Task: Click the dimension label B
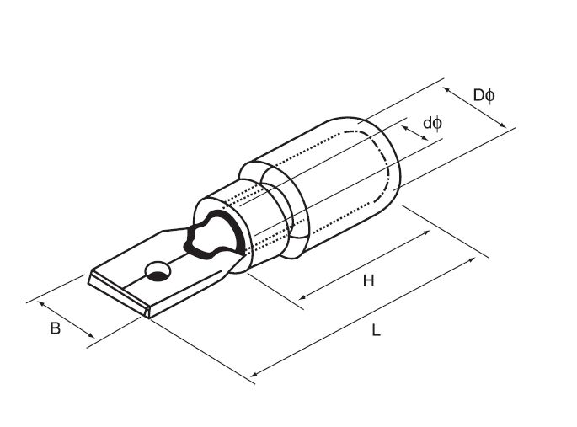[56, 328]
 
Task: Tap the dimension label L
[376, 330]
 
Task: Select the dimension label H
[368, 281]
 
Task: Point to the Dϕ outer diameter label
[484, 96]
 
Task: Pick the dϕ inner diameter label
[433, 123]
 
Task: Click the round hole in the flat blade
[158, 271]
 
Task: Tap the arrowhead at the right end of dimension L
[472, 259]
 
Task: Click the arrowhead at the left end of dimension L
[254, 375]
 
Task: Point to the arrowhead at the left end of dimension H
[302, 296]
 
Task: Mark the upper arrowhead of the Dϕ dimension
[446, 89]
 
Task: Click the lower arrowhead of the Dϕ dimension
[503, 125]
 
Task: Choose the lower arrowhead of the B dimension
[91, 334]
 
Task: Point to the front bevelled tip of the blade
[120, 295]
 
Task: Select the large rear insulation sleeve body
[331, 184]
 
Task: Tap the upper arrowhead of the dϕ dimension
[404, 128]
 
